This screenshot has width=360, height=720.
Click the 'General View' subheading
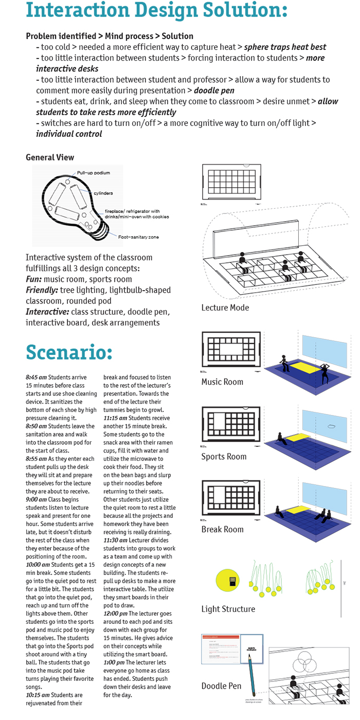(50, 157)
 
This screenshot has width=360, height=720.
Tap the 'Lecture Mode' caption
(225, 308)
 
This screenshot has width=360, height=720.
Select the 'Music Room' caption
(222, 382)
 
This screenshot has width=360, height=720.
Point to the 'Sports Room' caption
(224, 456)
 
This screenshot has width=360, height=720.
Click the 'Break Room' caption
(222, 529)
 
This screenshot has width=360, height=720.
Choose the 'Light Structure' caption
(228, 609)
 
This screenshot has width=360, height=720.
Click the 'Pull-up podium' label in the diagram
(94, 173)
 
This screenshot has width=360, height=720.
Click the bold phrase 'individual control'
(69, 134)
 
